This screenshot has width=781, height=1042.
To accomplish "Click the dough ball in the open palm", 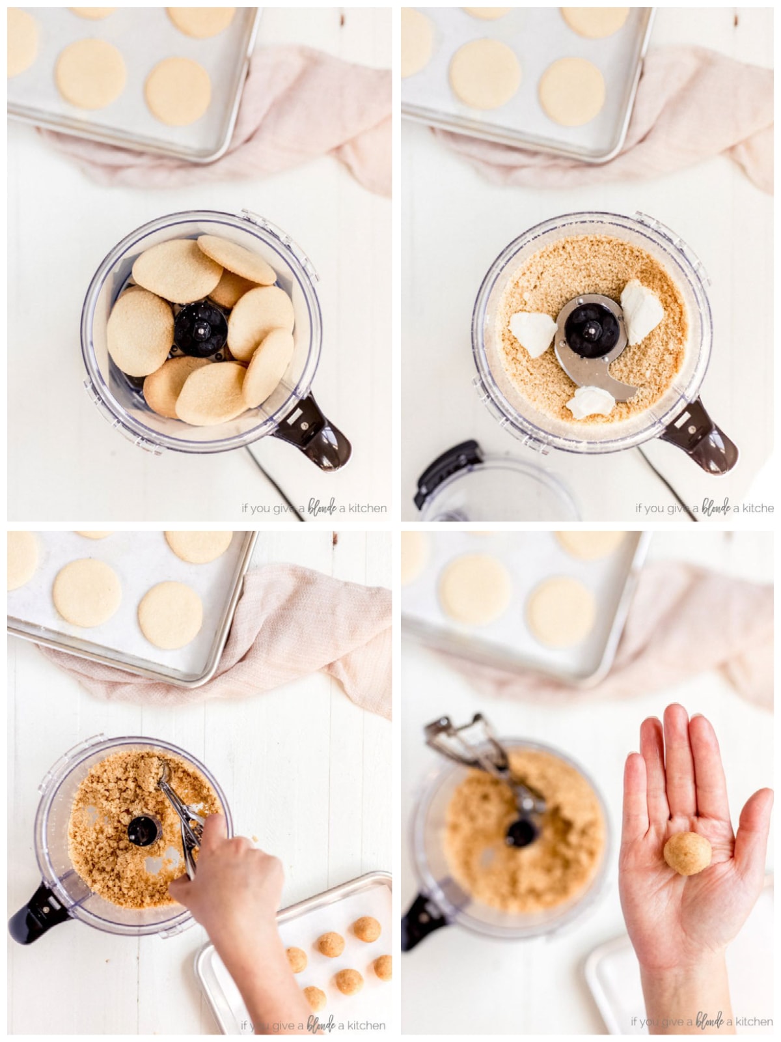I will [687, 853].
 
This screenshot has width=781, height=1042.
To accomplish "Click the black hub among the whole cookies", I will [200, 329].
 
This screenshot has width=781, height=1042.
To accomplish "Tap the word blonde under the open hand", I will [709, 1021].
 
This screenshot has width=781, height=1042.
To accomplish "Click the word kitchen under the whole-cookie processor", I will [367, 508].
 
